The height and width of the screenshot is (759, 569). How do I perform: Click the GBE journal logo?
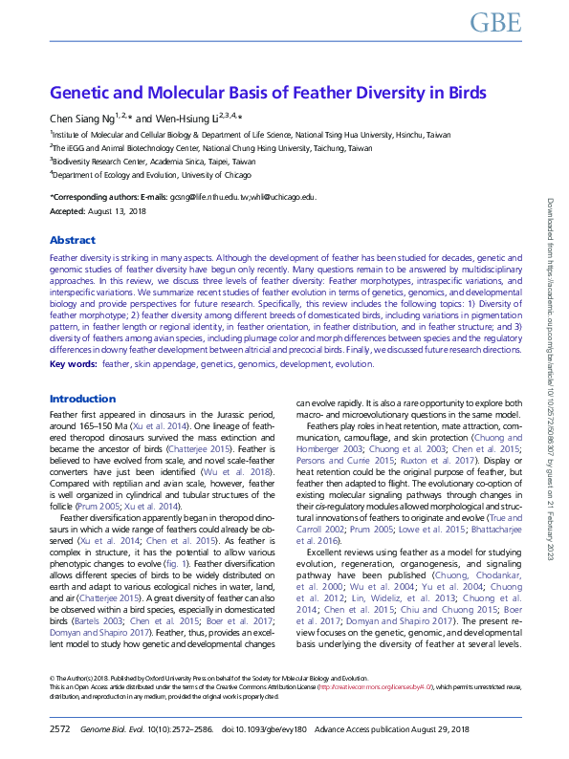click(x=495, y=23)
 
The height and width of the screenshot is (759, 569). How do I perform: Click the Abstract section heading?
click(x=73, y=241)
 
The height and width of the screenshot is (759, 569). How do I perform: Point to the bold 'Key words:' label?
click(x=73, y=365)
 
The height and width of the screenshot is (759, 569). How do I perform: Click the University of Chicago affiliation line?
click(x=136, y=176)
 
